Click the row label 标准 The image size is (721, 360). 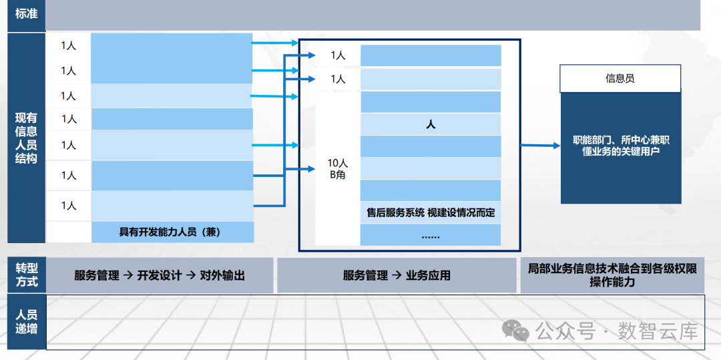click(x=26, y=13)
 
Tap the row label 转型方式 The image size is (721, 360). click(x=26, y=275)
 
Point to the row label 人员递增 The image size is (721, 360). click(x=26, y=321)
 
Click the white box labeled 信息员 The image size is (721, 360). click(x=620, y=79)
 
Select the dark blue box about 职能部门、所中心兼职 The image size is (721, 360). click(x=621, y=146)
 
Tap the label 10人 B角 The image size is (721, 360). click(x=338, y=169)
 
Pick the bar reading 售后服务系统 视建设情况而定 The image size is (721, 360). click(x=431, y=212)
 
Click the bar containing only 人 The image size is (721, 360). click(x=431, y=124)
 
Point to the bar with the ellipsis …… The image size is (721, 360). click(x=431, y=235)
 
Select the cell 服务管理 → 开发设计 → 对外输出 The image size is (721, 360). click(x=160, y=275)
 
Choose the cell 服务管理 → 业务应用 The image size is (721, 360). click(x=397, y=275)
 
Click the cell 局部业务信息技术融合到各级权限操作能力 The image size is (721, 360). click(x=612, y=275)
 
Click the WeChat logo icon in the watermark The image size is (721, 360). click(x=516, y=329)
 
